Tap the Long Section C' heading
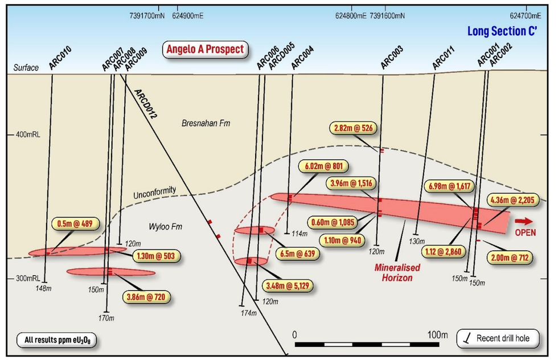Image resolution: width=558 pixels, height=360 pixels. coord(503,31)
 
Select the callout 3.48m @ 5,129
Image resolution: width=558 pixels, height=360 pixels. coord(288,285)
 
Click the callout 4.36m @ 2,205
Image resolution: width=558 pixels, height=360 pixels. coord(510,201)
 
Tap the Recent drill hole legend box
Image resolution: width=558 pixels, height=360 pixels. coord(497,338)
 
